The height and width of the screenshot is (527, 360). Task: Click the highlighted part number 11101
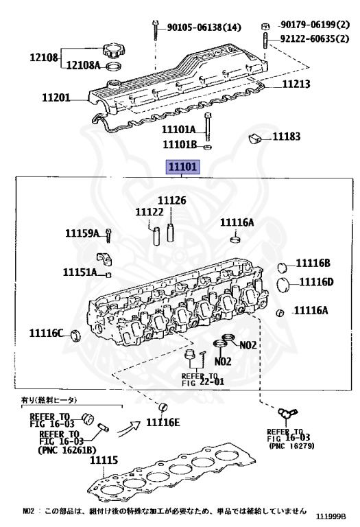tap(183, 167)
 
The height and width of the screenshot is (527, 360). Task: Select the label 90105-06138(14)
tap(204, 27)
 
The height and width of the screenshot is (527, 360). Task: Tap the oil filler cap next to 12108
tap(113, 50)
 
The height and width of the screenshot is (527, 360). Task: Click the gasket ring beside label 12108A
tap(114, 66)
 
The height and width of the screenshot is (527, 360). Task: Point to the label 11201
tap(56, 97)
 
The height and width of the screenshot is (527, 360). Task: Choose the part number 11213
tap(296, 84)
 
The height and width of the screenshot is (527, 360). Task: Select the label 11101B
tap(180, 144)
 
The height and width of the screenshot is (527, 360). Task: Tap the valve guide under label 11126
tap(170, 232)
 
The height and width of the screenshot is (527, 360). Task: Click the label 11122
tap(149, 212)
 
